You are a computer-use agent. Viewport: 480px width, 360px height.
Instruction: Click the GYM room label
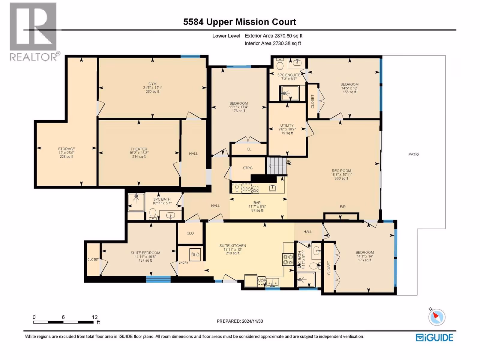pyautogui.click(x=152, y=84)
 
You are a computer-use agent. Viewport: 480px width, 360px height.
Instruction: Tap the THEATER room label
pyautogui.click(x=139, y=149)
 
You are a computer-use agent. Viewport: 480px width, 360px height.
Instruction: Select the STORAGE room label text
pyautogui.click(x=67, y=149)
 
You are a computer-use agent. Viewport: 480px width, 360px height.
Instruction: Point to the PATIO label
pyautogui.click(x=413, y=154)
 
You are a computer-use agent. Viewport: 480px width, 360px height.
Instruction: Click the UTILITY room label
pyautogui.click(x=287, y=125)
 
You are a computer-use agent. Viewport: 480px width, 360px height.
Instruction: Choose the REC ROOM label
pyautogui.click(x=341, y=171)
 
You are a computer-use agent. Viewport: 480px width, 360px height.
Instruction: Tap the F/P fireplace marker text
pyautogui.click(x=343, y=207)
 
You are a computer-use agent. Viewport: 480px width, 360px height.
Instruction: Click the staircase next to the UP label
pyautogui.click(x=277, y=166)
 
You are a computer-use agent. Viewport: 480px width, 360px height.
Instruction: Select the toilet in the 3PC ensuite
pyautogui.click(x=280, y=64)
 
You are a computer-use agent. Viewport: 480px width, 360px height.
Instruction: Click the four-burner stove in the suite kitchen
pyautogui.click(x=288, y=259)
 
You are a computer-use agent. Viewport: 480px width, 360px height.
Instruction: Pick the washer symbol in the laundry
pyautogui.click(x=195, y=254)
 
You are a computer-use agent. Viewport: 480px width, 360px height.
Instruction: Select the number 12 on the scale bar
pyautogui.click(x=95, y=317)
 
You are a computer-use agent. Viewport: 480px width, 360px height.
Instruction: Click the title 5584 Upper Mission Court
pyautogui.click(x=240, y=22)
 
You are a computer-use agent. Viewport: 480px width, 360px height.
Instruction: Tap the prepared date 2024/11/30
pyautogui.click(x=252, y=321)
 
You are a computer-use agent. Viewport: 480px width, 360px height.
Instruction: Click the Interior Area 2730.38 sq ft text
pyautogui.click(x=273, y=43)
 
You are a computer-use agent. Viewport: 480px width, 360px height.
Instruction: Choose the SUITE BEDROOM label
pyautogui.click(x=145, y=253)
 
